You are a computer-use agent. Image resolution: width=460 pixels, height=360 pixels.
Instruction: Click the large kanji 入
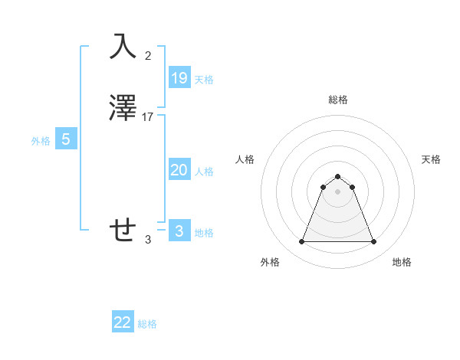[124, 46]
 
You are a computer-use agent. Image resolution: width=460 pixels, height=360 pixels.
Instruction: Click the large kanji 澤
[124, 108]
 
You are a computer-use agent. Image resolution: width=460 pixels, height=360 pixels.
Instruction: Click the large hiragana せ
[124, 230]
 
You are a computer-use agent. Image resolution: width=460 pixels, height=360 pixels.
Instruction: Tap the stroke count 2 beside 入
[148, 55]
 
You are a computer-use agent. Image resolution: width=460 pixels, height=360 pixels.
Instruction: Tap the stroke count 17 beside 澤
[148, 117]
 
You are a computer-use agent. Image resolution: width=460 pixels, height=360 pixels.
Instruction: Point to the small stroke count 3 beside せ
[148, 239]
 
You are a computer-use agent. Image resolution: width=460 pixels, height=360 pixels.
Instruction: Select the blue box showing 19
[179, 77]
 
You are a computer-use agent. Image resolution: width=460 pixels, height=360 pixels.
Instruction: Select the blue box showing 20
[179, 170]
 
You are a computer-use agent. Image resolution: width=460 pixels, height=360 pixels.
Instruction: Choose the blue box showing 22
[123, 322]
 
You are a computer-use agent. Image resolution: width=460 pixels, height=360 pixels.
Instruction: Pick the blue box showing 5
[66, 139]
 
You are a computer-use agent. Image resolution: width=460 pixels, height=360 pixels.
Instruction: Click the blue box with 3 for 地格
[179, 231]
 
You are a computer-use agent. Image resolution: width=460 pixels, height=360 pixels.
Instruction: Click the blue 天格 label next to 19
[204, 80]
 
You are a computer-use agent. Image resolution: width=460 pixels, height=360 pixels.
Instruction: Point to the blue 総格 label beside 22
[147, 325]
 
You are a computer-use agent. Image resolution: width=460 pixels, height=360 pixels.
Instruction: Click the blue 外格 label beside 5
[41, 142]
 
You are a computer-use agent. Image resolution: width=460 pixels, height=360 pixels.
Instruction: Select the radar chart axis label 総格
[337, 100]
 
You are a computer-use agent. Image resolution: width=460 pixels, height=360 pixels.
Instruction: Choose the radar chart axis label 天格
[431, 159]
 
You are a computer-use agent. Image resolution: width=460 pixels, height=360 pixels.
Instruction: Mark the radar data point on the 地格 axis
[374, 242]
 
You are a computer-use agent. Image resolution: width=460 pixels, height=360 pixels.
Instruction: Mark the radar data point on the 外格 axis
[301, 242]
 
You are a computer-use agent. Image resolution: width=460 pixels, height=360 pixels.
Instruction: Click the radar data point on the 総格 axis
[337, 177]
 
